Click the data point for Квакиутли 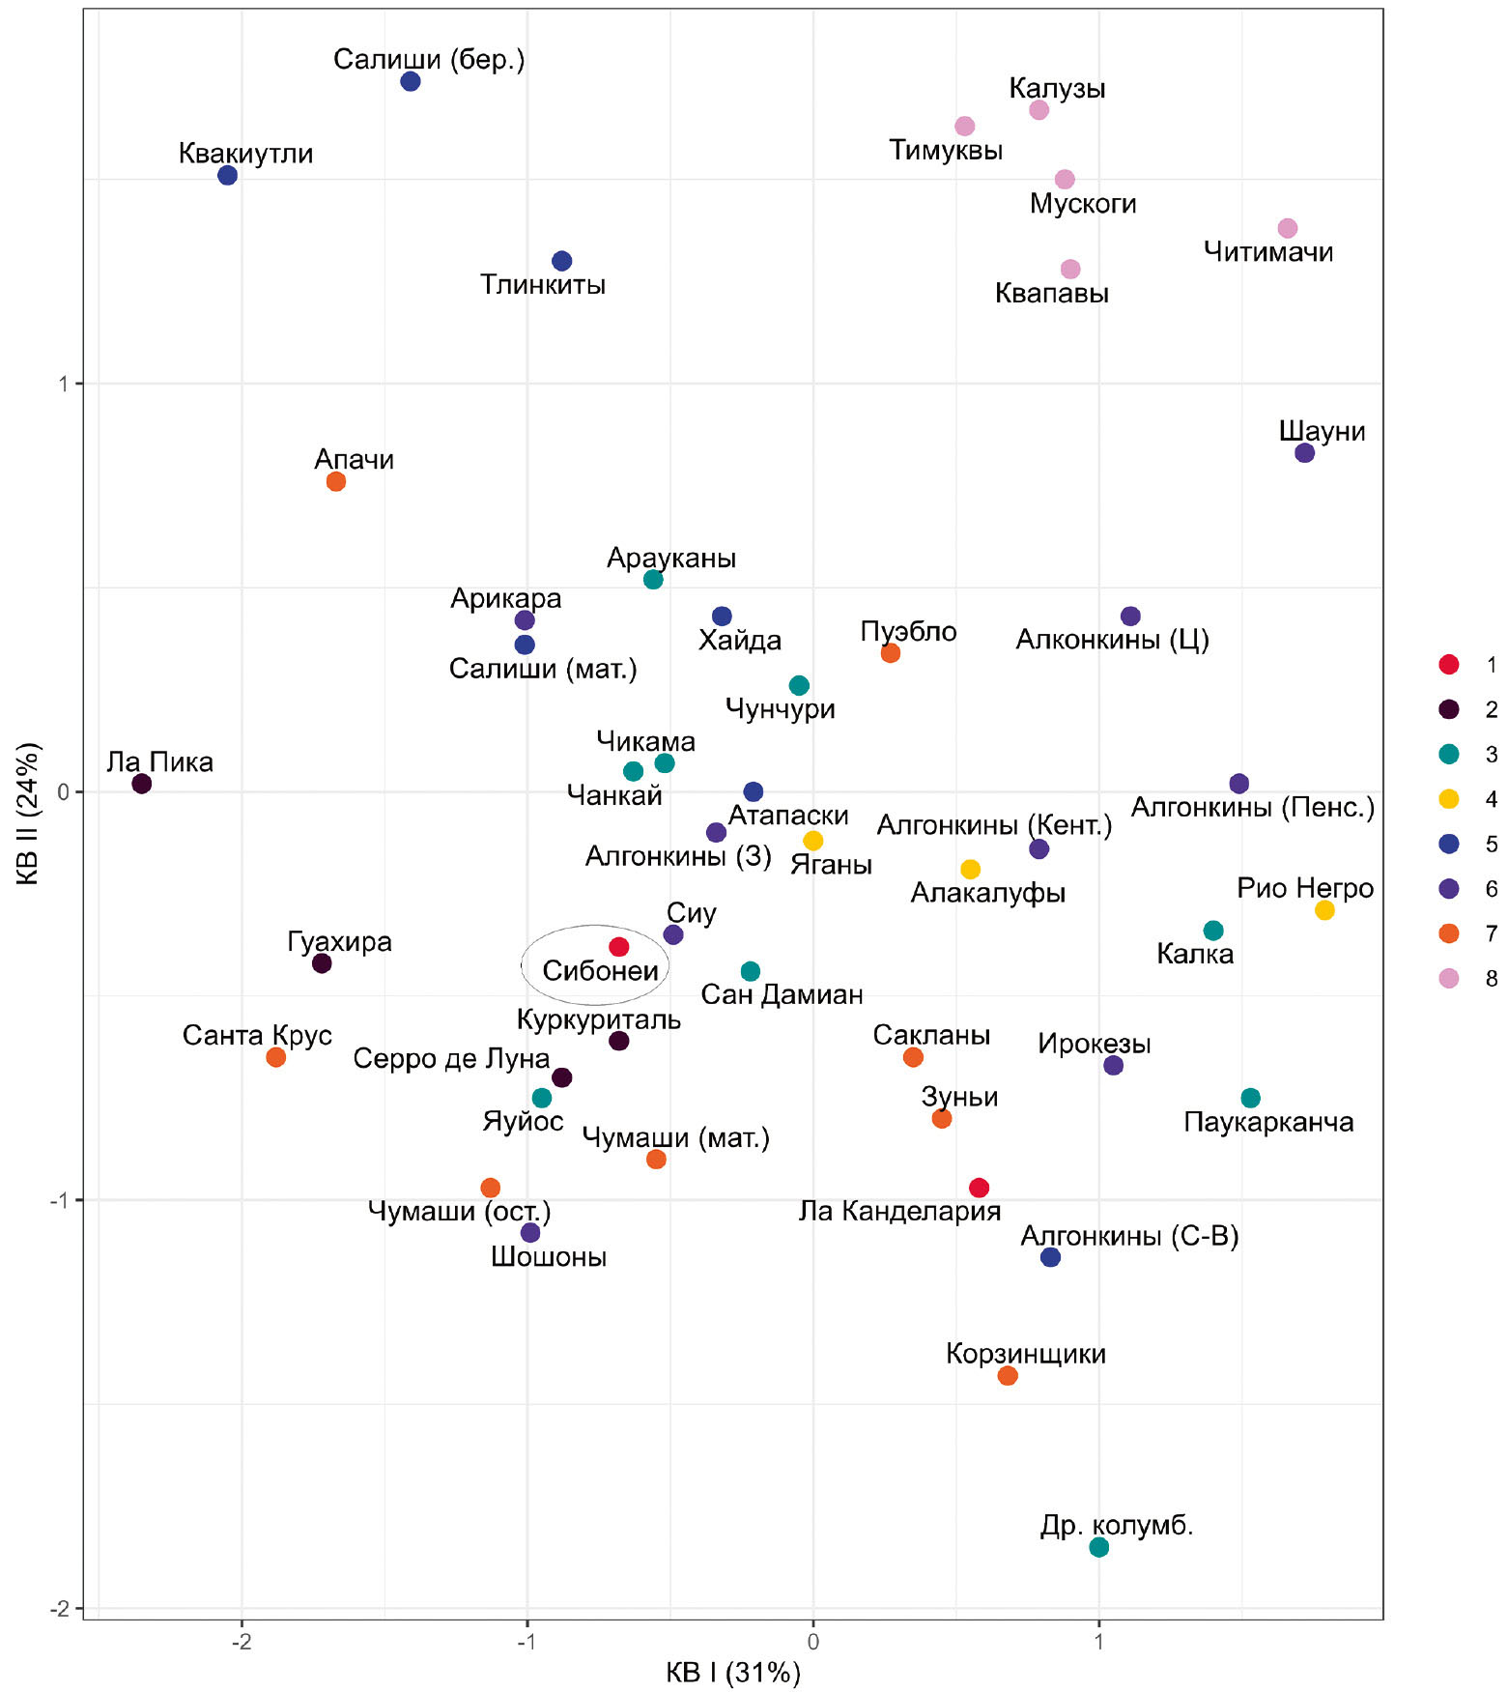[227, 176]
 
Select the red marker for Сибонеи [619, 947]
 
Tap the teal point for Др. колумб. [1098, 1547]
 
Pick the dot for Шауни [1304, 453]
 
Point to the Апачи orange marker [336, 481]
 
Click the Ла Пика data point [141, 784]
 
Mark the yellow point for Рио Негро [1324, 910]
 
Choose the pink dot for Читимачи [1287, 229]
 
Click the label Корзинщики [1025, 1354]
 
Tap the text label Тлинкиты [543, 285]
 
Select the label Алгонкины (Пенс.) [1252, 807]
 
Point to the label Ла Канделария [899, 1211]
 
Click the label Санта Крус [257, 1036]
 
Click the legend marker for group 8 [1448, 978]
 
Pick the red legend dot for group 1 [1448, 665]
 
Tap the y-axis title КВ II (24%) [27, 814]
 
